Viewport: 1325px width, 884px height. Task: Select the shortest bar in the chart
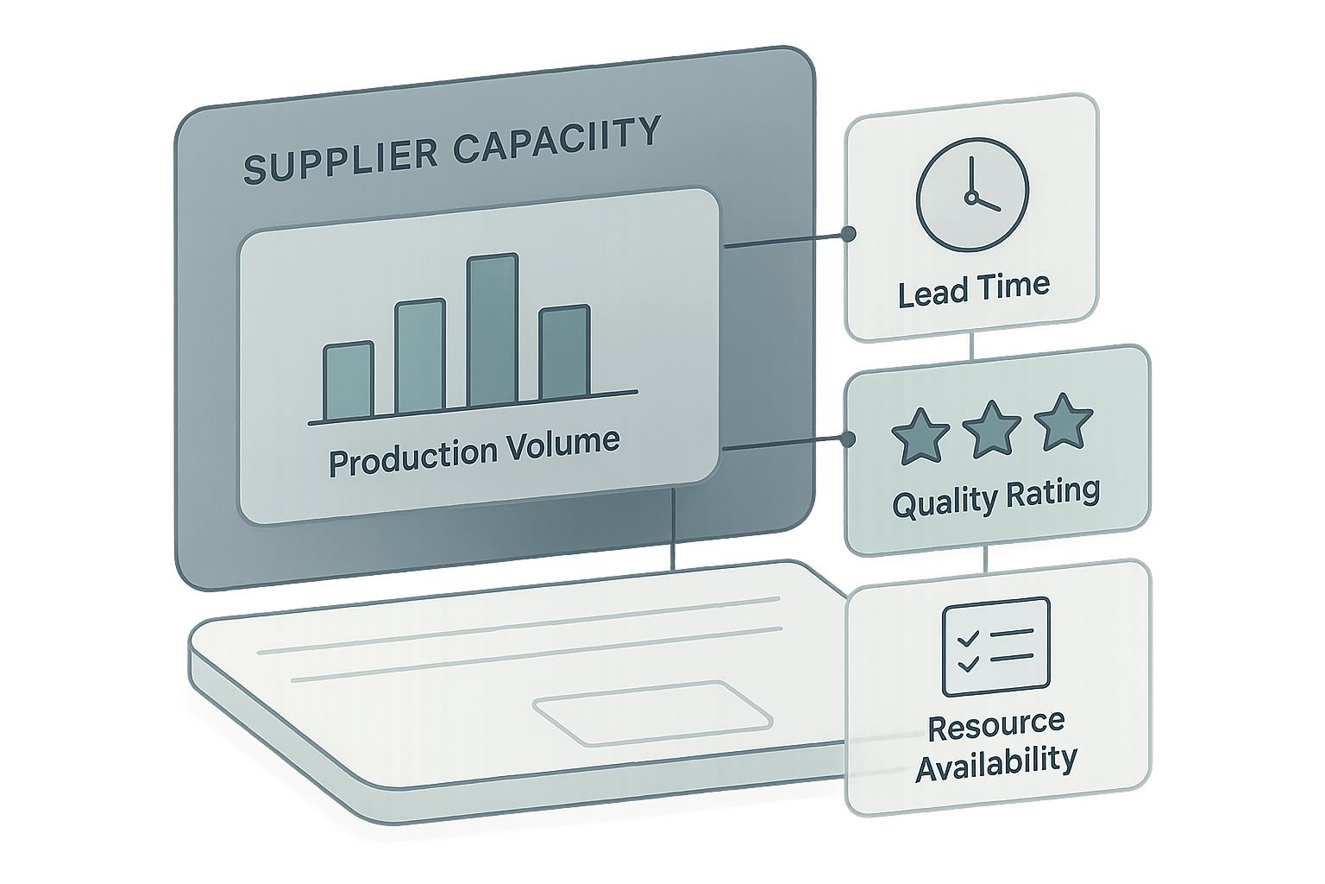pos(349,381)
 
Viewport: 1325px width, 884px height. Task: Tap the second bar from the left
pos(420,355)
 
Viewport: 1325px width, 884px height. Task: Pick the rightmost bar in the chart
pos(564,352)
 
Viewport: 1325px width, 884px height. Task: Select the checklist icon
pos(995,647)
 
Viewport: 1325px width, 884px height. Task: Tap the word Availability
pos(995,762)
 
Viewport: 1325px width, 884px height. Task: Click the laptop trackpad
pos(653,712)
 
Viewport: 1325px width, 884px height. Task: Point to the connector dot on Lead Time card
pos(849,233)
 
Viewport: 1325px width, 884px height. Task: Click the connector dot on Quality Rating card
pos(849,439)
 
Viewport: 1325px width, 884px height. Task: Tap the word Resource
pos(995,723)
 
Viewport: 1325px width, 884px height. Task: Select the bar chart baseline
pos(473,408)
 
